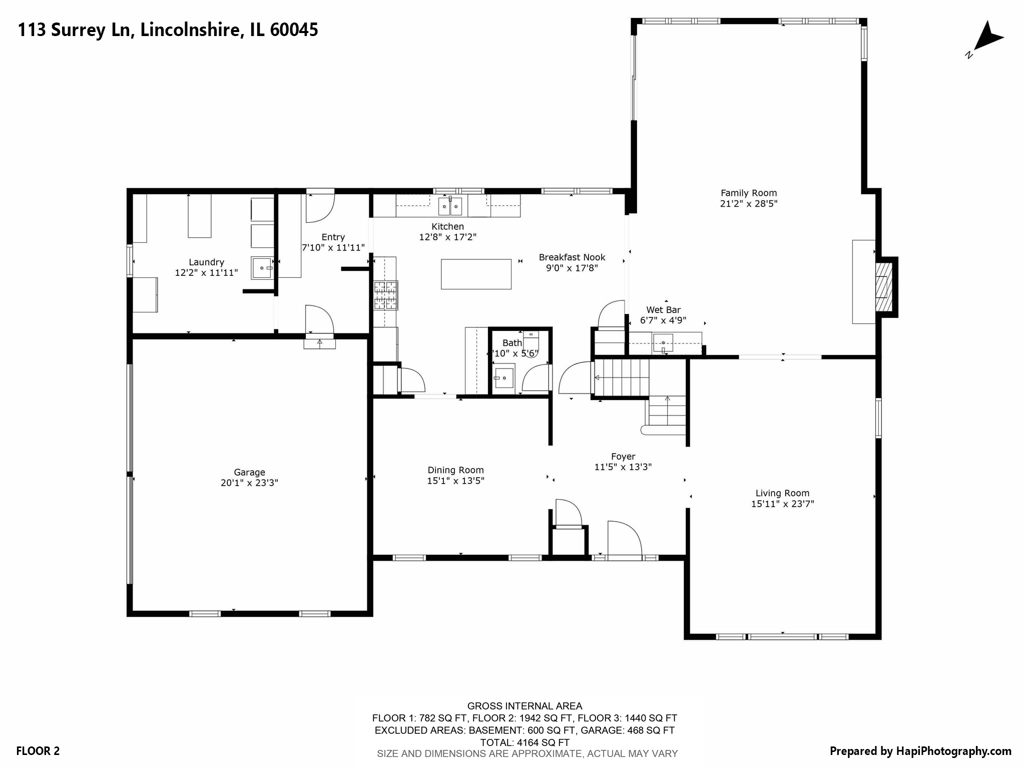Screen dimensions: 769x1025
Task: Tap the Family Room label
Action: tap(748, 193)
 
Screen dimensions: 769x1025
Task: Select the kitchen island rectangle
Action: tap(475, 274)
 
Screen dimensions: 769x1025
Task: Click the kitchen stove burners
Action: tap(385, 295)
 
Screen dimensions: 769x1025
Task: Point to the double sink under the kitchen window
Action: tap(449, 206)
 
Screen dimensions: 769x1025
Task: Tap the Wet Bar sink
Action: tap(663, 343)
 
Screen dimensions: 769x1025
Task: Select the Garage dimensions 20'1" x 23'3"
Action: tap(249, 483)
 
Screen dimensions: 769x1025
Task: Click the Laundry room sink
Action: tap(261, 268)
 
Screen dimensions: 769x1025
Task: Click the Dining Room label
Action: tap(455, 470)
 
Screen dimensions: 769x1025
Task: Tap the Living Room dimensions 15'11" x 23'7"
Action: tap(782, 504)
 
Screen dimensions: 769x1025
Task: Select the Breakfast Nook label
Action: tap(572, 257)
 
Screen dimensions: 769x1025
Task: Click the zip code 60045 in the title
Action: tap(294, 30)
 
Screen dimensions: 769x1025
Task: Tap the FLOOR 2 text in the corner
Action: tap(38, 751)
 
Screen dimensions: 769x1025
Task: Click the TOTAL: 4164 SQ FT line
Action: tap(525, 742)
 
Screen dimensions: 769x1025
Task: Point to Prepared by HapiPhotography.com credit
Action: tap(920, 751)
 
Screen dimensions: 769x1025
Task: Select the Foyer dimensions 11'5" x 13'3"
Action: tap(623, 467)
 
